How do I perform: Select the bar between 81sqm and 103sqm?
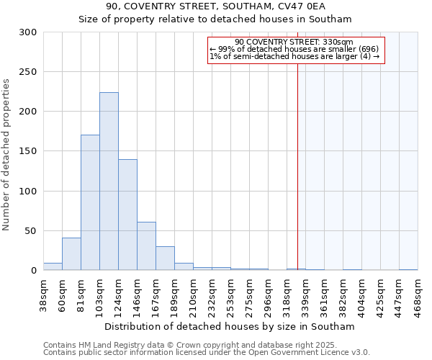tap(90, 202)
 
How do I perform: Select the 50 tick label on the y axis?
tap(30, 231)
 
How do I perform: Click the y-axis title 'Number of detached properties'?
tap(6, 156)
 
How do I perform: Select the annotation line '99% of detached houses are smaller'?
tap(295, 49)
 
